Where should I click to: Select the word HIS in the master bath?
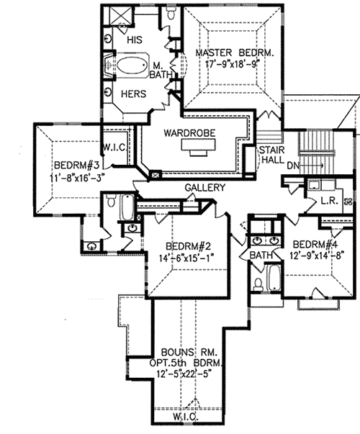click(135, 41)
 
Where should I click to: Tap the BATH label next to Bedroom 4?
click(261, 256)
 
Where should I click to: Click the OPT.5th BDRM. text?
click(189, 362)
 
